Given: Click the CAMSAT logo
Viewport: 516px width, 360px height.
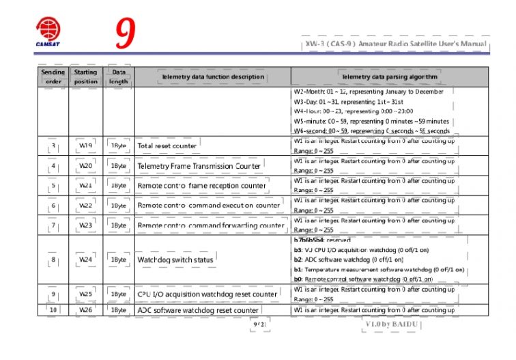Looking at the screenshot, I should pos(48,31).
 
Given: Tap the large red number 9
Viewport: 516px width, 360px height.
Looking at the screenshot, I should pos(124,33).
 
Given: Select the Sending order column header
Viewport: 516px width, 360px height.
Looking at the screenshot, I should pos(53,77).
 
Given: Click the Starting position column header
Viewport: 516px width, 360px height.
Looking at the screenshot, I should pos(85,77).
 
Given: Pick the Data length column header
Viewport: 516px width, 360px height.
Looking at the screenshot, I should pos(119,77).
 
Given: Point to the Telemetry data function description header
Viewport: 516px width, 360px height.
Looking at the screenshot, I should pos(212,77).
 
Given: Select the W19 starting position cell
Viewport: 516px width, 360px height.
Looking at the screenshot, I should pos(85,146).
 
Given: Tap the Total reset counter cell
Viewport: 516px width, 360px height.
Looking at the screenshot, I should pos(167,146).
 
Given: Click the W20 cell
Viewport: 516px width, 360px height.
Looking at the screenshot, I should pos(85,165).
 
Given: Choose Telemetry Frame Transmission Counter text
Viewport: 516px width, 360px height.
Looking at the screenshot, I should pos(199,166).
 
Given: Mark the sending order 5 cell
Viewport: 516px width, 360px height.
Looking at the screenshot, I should pos(53,185).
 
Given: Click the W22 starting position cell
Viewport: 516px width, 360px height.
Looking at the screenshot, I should pos(85,205).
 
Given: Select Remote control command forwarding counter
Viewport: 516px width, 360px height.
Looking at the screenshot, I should pos(211,225).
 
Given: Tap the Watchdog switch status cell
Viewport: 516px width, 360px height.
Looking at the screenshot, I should pos(175,260).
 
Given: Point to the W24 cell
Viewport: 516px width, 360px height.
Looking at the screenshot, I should pos(85,260).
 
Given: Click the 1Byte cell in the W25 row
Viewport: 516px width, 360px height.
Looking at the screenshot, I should pos(119,294).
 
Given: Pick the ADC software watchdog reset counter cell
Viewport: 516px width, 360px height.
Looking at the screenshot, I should pos(199,311).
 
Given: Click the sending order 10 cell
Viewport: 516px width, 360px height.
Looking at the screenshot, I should pos(53,311).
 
